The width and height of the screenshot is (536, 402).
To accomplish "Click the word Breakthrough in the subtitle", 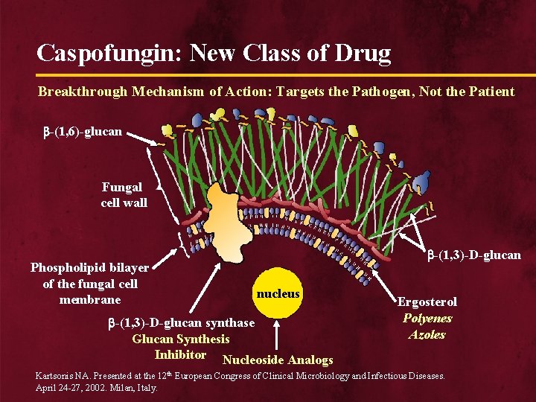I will coord(83,92).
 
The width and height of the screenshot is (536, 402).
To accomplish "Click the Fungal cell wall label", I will coord(124,195).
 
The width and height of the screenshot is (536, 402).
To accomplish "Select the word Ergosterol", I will coord(427,301).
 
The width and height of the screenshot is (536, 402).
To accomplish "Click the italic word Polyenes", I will coord(427,318).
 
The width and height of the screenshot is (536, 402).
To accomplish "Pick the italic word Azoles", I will coord(427,334).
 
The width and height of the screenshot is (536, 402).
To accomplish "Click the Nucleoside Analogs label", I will coord(278,360).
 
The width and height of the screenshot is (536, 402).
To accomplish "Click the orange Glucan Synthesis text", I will coord(181,339).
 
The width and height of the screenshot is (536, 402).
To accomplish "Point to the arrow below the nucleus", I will coord(278,335).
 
